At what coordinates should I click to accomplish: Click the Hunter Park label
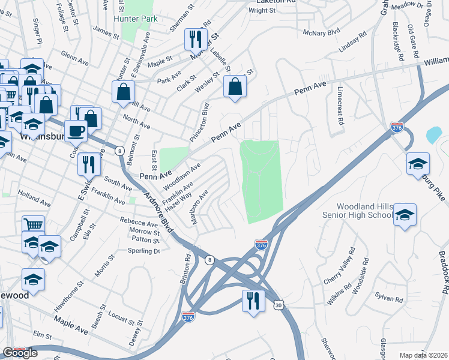click(139, 19)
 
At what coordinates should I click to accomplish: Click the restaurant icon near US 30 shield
click(253, 299)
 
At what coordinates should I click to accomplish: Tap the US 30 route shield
click(278, 306)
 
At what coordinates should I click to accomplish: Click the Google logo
click(19, 353)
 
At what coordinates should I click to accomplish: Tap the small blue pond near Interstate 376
click(433, 134)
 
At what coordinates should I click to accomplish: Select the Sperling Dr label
click(145, 251)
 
